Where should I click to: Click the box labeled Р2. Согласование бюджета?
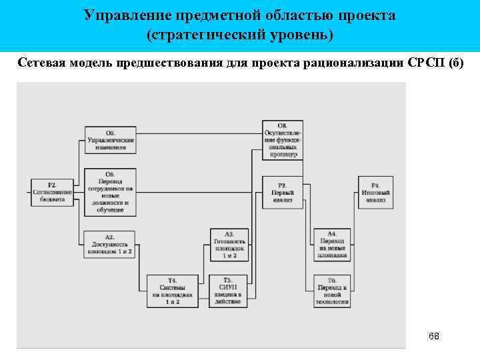pos(51,192)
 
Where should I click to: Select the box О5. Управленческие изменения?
pos(110,139)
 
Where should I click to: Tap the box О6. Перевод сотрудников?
pos(110,192)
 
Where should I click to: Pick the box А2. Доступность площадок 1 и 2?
pos(110,245)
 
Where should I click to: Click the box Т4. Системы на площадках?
pos(173,291)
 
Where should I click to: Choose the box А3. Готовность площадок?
pos(229,245)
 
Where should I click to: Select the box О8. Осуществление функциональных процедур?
pos(283,140)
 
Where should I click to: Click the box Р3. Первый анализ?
pos(283,193)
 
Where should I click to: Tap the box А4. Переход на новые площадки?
pos(332,245)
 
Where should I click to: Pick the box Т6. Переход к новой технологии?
pos(332,291)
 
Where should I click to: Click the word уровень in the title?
pos(297,33)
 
